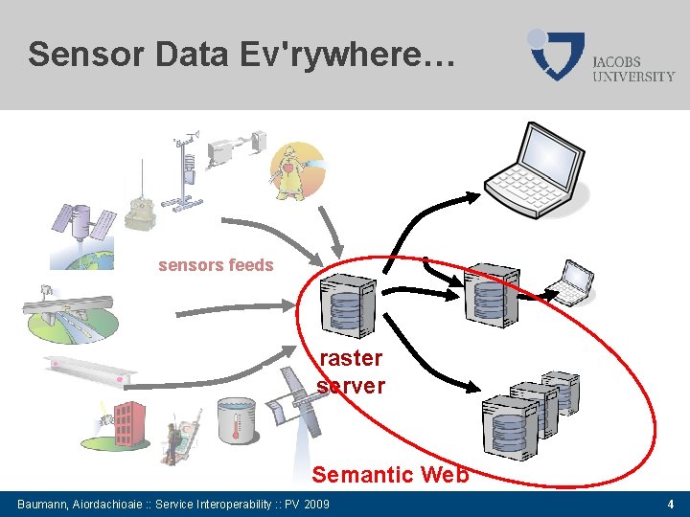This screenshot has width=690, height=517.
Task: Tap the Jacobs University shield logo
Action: [557, 55]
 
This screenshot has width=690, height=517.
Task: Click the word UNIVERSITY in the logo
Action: [633, 76]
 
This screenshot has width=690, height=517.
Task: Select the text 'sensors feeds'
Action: [216, 265]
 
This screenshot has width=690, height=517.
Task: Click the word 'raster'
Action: [350, 359]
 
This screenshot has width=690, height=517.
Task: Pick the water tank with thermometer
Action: [236, 422]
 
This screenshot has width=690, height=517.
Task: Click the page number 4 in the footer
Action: [670, 505]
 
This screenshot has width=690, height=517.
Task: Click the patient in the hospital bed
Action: [176, 441]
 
